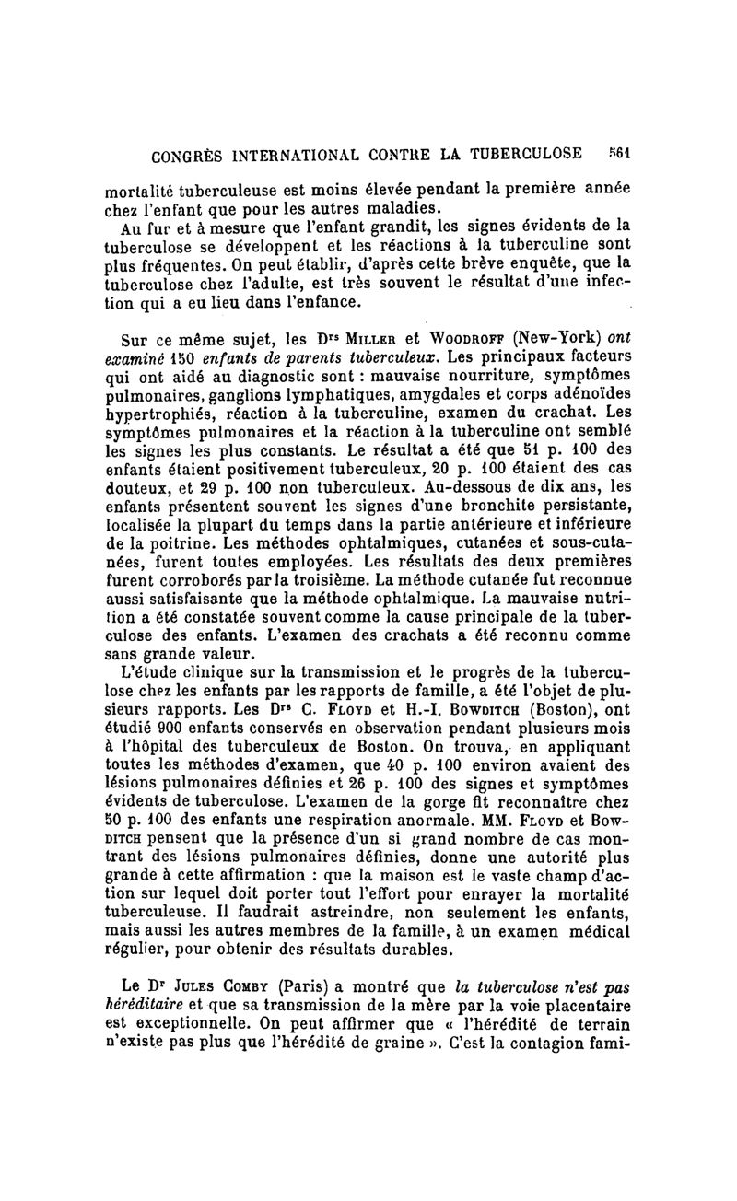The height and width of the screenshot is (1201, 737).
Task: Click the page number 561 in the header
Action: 617,153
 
